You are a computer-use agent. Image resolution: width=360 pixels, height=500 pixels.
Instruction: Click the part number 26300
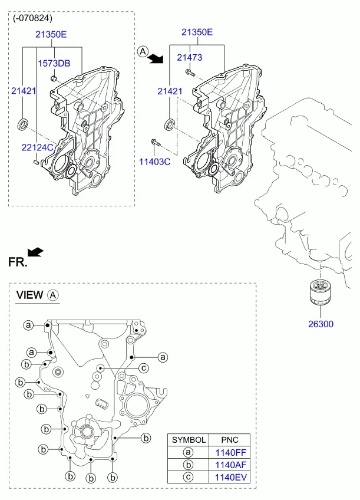pyautogui.click(x=321, y=324)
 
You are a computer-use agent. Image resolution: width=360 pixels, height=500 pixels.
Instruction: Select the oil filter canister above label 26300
pyautogui.click(x=320, y=292)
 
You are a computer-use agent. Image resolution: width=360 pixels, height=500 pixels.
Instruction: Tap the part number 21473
pyautogui.click(x=190, y=57)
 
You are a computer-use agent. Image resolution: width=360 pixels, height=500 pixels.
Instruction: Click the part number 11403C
pyautogui.click(x=155, y=162)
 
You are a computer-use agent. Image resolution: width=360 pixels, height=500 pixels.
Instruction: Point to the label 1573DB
pyautogui.click(x=54, y=63)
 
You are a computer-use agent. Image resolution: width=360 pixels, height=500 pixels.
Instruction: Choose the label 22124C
pyautogui.click(x=37, y=147)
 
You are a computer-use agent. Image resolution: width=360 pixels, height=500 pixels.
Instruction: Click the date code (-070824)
pyautogui.click(x=32, y=18)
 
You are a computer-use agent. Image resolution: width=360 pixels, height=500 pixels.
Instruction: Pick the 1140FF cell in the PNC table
pyautogui.click(x=230, y=452)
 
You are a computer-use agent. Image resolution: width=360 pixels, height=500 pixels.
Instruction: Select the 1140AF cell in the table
pyautogui.click(x=230, y=465)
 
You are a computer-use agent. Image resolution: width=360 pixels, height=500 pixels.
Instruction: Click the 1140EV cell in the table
pyautogui.click(x=230, y=478)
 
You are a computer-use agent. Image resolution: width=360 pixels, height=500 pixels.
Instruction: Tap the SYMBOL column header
pyautogui.click(x=189, y=440)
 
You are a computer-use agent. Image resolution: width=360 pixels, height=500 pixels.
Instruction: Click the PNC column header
pyautogui.click(x=230, y=440)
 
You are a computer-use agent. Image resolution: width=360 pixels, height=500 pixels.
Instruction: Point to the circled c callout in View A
pyautogui.click(x=144, y=369)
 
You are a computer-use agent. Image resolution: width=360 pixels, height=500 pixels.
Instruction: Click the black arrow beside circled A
pyautogui.click(x=156, y=58)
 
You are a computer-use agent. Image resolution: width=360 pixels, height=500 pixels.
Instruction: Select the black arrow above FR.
pyautogui.click(x=35, y=252)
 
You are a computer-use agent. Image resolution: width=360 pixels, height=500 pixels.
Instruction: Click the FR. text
pyautogui.click(x=18, y=262)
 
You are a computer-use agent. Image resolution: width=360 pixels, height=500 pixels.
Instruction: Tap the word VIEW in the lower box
pyautogui.click(x=29, y=295)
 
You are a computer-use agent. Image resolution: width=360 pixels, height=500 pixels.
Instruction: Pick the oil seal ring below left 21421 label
pyautogui.click(x=22, y=124)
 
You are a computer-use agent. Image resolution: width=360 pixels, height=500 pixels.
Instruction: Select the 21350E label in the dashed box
pyautogui.click(x=51, y=34)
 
